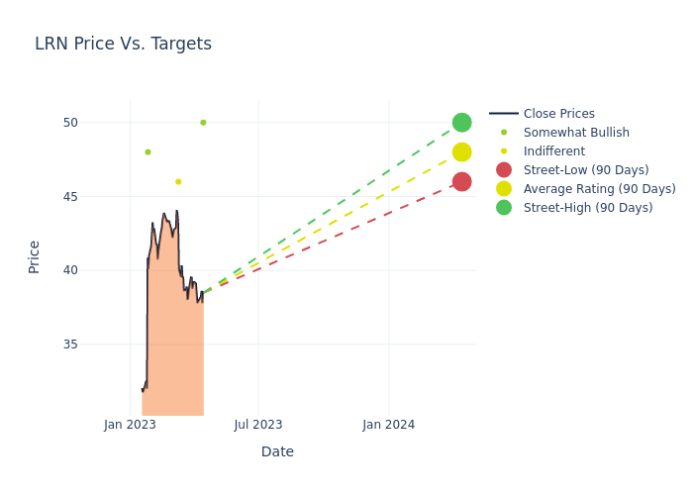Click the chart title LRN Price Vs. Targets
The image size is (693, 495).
[123, 44]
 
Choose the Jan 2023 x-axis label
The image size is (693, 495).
[130, 425]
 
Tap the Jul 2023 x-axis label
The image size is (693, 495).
[258, 425]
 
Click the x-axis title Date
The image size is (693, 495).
[277, 451]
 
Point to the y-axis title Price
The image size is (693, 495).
[35, 256]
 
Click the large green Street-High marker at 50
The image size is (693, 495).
[461, 123]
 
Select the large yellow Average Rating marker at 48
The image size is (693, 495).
[461, 151]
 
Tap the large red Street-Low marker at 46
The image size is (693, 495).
[461, 181]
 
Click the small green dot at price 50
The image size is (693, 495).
[203, 123]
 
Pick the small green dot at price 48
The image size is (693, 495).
[148, 151]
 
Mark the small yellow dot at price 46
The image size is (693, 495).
[178, 181]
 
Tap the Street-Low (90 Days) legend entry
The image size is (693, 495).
[585, 170]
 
